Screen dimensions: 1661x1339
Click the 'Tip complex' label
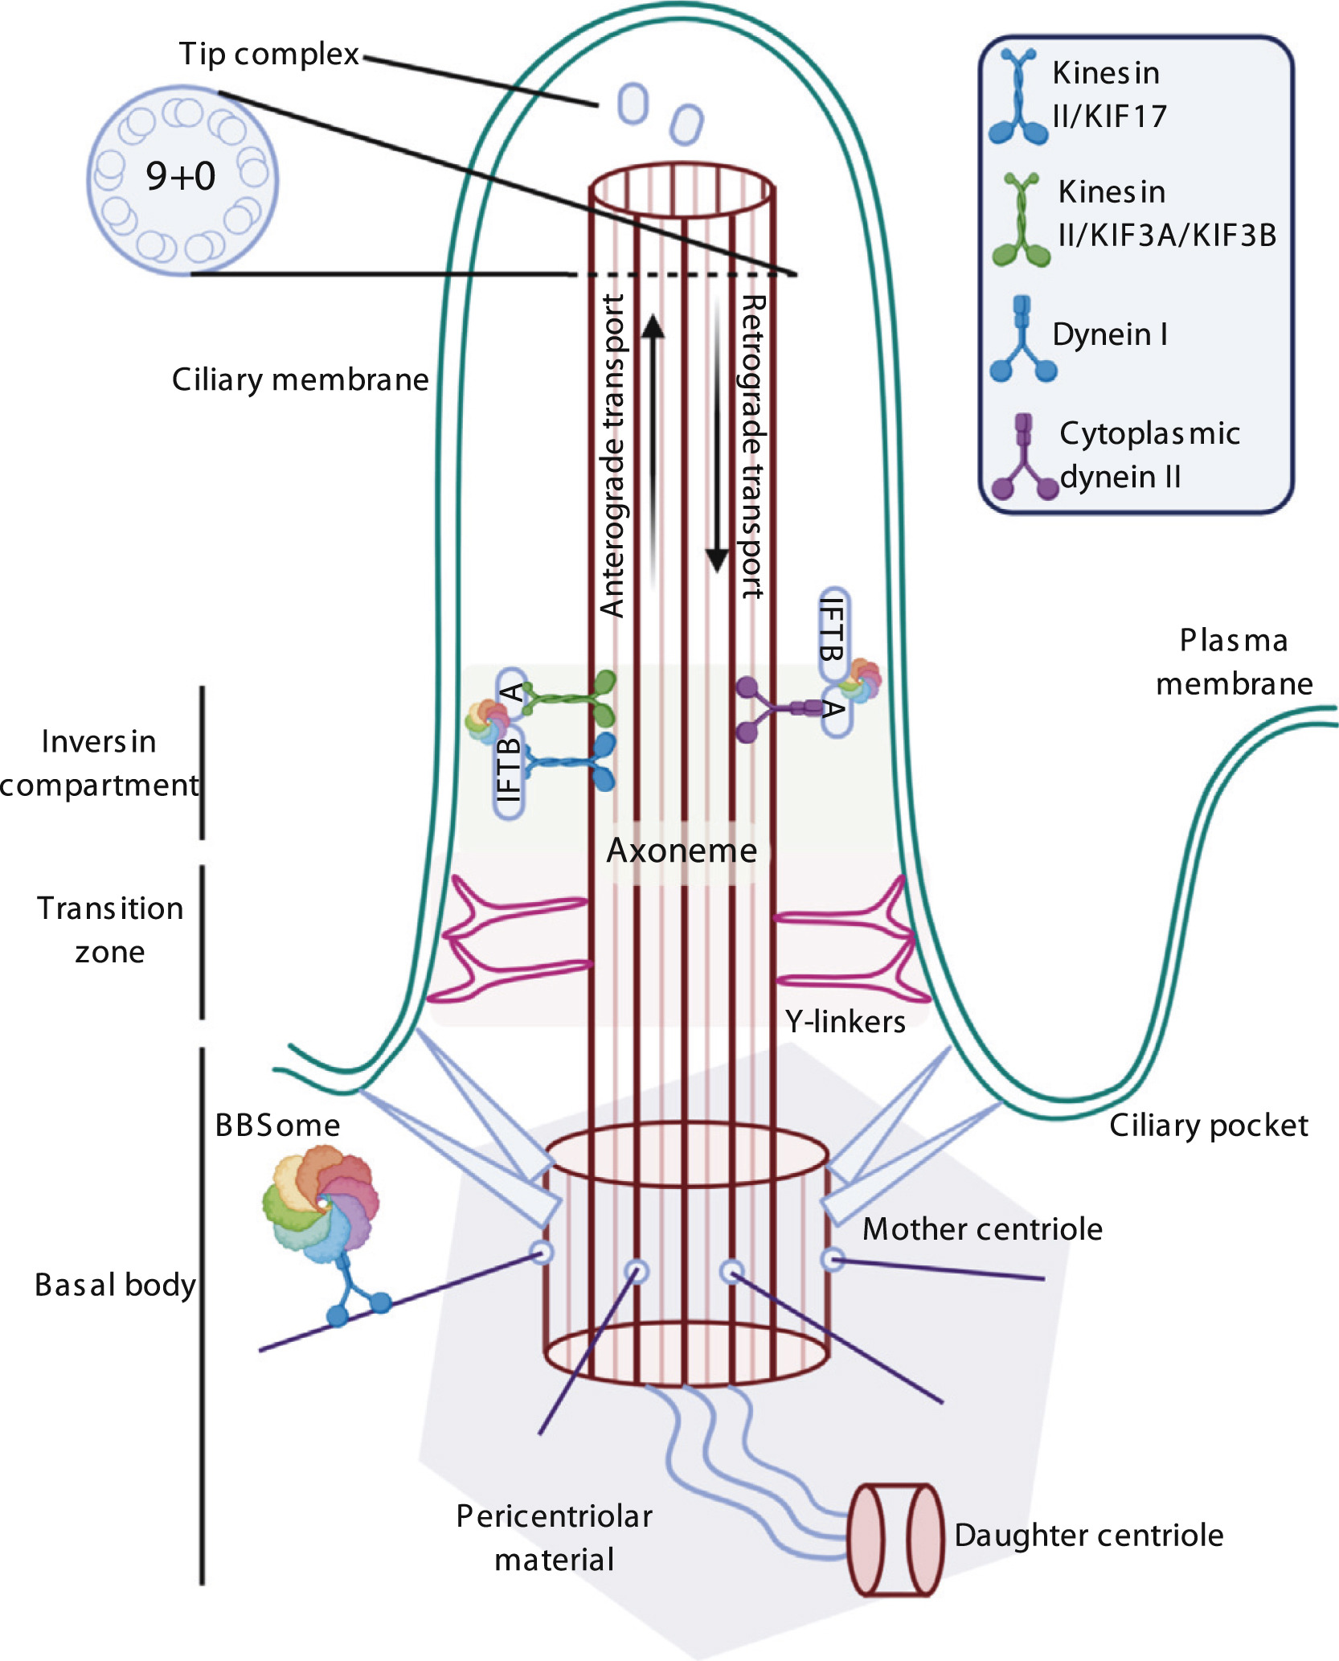point(268,54)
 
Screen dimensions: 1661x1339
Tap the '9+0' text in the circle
point(181,175)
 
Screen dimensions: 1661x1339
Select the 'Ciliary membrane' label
point(300,379)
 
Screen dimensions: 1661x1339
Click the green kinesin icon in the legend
point(1021,220)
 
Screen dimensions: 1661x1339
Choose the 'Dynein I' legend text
point(1110,334)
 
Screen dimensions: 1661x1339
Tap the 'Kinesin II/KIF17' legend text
point(1109,94)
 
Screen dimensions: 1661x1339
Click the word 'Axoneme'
point(682,851)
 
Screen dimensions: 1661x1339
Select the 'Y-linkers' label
point(846,1021)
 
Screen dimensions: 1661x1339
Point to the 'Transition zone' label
point(110,930)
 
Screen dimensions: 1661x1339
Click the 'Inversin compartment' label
point(99,763)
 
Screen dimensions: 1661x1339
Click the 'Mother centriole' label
point(982,1228)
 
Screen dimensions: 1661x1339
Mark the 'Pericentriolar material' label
point(555,1537)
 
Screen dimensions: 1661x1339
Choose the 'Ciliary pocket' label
point(1209,1126)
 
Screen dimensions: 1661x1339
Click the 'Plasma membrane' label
point(1235,662)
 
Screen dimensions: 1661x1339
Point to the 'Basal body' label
point(115,1285)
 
